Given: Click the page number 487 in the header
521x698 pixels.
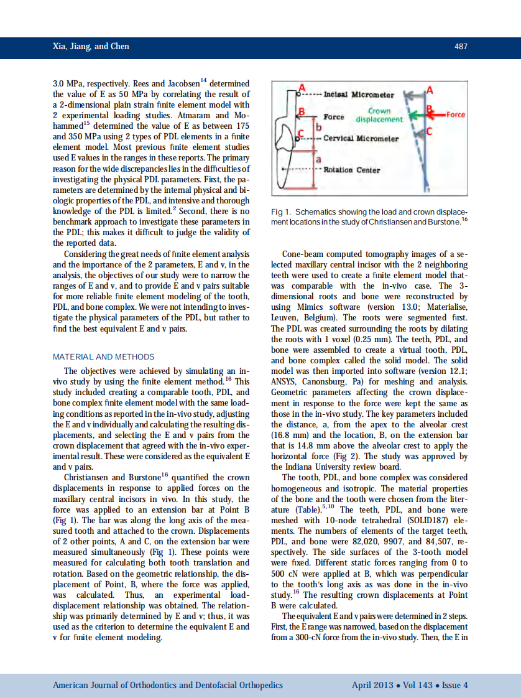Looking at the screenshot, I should pyautogui.click(x=461, y=47).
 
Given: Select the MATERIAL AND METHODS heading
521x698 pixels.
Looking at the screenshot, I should pyautogui.click(x=103, y=356).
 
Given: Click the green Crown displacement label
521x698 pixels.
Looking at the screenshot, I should pyautogui.click(x=379, y=115).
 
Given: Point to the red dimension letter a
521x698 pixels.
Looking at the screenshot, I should pyautogui.click(x=320, y=159).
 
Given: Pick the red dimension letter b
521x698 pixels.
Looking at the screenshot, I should pyautogui.click(x=319, y=127).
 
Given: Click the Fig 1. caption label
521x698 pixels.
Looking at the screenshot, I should pyautogui.click(x=283, y=212).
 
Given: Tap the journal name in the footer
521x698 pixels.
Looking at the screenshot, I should pyautogui.click(x=168, y=685).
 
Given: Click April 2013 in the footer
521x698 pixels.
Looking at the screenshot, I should pyautogui.click(x=372, y=685).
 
